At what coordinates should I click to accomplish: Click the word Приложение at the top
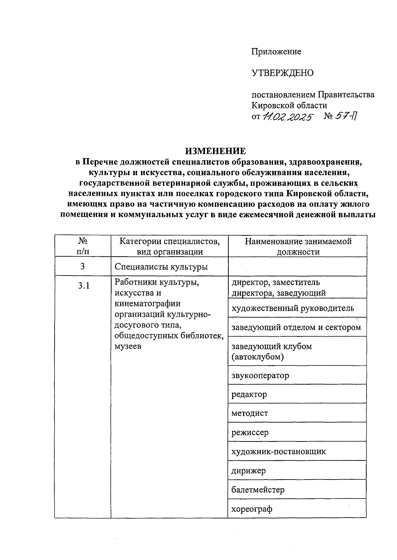(x=276, y=52)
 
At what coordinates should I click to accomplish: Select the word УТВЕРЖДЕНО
(x=283, y=73)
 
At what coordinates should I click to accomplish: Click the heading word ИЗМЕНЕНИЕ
(x=215, y=151)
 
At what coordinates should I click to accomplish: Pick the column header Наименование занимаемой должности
(x=298, y=246)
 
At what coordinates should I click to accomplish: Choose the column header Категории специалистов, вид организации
(x=169, y=246)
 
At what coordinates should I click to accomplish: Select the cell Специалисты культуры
(x=161, y=267)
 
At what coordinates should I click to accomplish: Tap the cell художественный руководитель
(x=293, y=308)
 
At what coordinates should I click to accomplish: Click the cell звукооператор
(x=260, y=376)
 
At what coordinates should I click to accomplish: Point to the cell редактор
(x=249, y=394)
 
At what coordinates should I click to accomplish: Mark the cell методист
(x=250, y=413)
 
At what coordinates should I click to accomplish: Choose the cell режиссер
(x=250, y=433)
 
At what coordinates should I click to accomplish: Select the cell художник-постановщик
(x=279, y=451)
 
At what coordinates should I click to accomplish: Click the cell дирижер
(x=248, y=471)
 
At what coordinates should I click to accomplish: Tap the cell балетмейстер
(x=258, y=489)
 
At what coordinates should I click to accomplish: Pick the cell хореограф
(x=252, y=509)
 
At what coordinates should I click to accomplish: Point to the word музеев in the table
(x=128, y=346)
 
